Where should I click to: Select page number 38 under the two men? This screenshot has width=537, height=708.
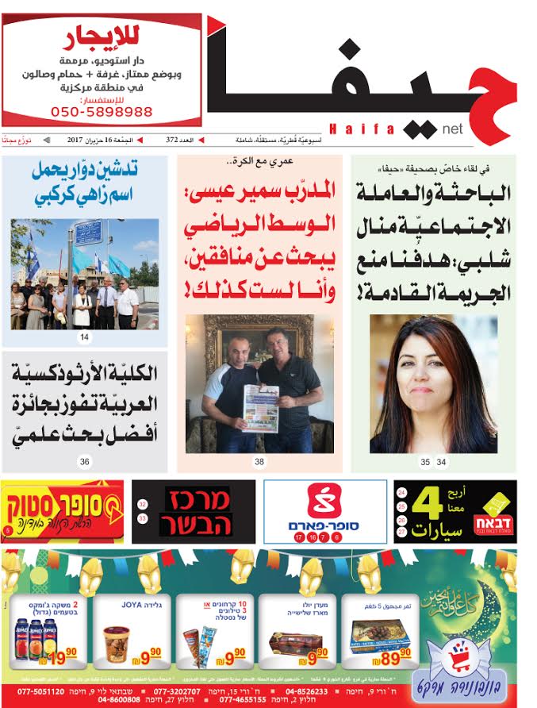[x=259, y=461]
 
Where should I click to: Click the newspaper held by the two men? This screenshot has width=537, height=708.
[x=259, y=407]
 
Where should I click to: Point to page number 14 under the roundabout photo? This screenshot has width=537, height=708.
[x=84, y=337]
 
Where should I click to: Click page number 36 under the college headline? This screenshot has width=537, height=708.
[x=84, y=461]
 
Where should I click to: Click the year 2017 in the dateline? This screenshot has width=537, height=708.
[x=76, y=140]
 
